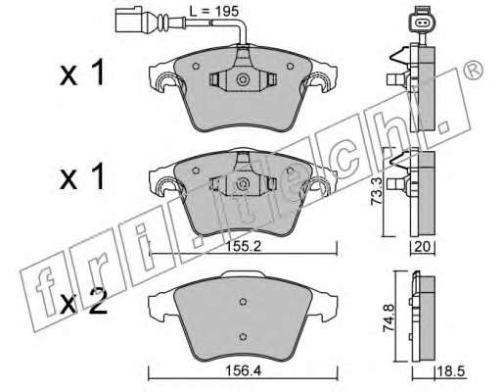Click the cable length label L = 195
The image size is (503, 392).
pos(214,12)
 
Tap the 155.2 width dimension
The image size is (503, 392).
pos(243,246)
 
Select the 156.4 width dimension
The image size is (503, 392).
pos(244,370)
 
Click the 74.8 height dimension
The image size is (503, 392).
pos(389,318)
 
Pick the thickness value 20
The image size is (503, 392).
pos(422,247)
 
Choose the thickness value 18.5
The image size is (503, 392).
pos(451,371)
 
